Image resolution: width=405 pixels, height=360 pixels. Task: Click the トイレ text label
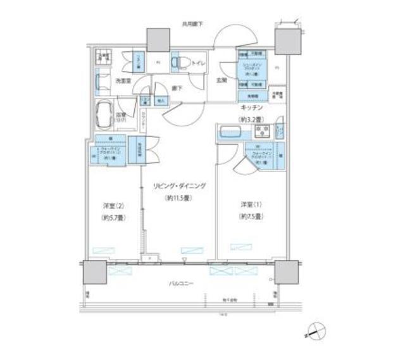pos(197,63)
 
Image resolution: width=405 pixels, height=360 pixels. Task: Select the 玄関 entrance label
pos(222,80)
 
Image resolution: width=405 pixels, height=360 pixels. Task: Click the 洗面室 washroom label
pos(123,81)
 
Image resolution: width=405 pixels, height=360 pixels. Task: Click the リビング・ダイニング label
pos(178,187)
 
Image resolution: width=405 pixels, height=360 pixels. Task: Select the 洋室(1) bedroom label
pos(248,205)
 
